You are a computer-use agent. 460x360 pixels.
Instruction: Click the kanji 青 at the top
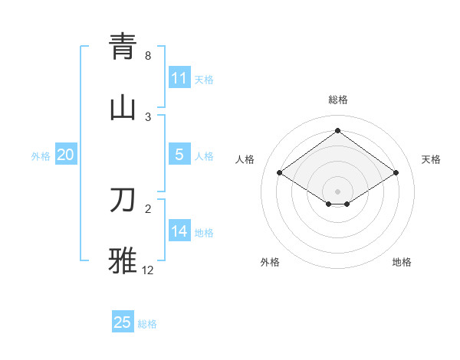tap(123, 47)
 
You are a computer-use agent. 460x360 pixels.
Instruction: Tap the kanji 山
tap(123, 107)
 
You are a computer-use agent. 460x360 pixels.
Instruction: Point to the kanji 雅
tap(123, 260)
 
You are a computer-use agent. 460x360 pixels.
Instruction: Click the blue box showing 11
tap(179, 78)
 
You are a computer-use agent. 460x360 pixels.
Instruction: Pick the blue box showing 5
tap(179, 155)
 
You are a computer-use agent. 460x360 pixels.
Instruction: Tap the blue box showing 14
tap(179, 231)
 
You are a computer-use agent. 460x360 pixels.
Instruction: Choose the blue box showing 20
tap(66, 155)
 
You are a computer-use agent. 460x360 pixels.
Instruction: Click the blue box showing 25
tap(123, 322)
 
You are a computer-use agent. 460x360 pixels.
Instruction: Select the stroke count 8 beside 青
tap(147, 56)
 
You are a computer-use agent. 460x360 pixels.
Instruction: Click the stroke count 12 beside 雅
tap(148, 270)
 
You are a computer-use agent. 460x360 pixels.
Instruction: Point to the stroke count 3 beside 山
tap(147, 116)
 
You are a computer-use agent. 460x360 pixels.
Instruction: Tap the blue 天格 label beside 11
tap(204, 79)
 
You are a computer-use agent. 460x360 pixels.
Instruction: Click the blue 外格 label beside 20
tap(41, 155)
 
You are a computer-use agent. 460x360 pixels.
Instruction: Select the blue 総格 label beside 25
tap(147, 323)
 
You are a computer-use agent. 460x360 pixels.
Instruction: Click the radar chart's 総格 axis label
tap(337, 100)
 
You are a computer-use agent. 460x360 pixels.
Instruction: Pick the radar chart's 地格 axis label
tap(402, 262)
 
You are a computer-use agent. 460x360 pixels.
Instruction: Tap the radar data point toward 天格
tap(396, 173)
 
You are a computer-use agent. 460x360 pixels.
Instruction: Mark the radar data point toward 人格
tap(280, 173)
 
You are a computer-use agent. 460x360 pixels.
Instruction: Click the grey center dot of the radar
tap(337, 191)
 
